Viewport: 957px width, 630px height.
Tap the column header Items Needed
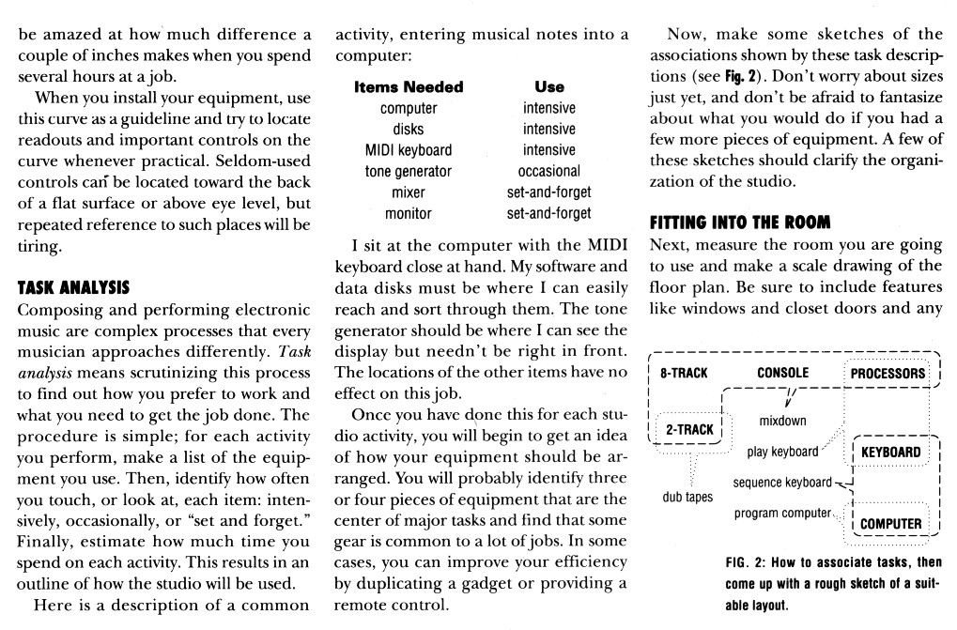(408, 86)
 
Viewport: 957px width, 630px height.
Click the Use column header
(548, 86)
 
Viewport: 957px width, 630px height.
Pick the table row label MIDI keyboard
(408, 150)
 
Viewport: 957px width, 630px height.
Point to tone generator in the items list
(408, 171)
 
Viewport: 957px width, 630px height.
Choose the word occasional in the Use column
(548, 171)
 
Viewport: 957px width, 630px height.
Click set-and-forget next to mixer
(548, 192)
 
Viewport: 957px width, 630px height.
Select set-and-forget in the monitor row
(548, 213)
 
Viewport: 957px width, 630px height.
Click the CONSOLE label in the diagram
(782, 373)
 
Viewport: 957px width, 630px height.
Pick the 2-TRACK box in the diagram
(688, 429)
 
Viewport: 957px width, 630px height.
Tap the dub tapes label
(688, 497)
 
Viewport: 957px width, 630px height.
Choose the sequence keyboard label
(781, 483)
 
